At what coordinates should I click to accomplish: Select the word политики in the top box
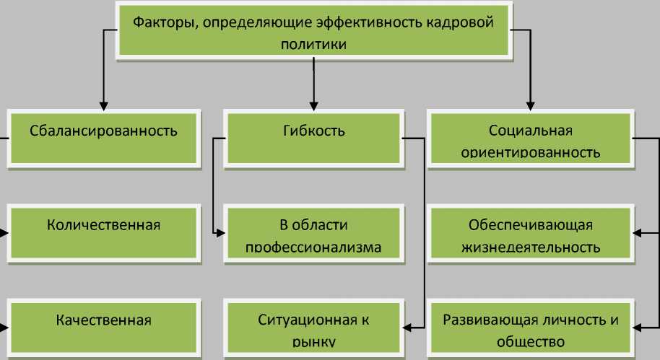(x=313, y=44)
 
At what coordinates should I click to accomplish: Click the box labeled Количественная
(x=103, y=230)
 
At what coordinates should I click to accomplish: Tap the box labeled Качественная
(x=103, y=325)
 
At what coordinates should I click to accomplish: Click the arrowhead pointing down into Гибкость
(x=313, y=104)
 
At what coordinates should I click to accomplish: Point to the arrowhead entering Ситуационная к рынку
(x=407, y=328)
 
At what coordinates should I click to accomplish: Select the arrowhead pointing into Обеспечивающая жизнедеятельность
(x=638, y=232)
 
